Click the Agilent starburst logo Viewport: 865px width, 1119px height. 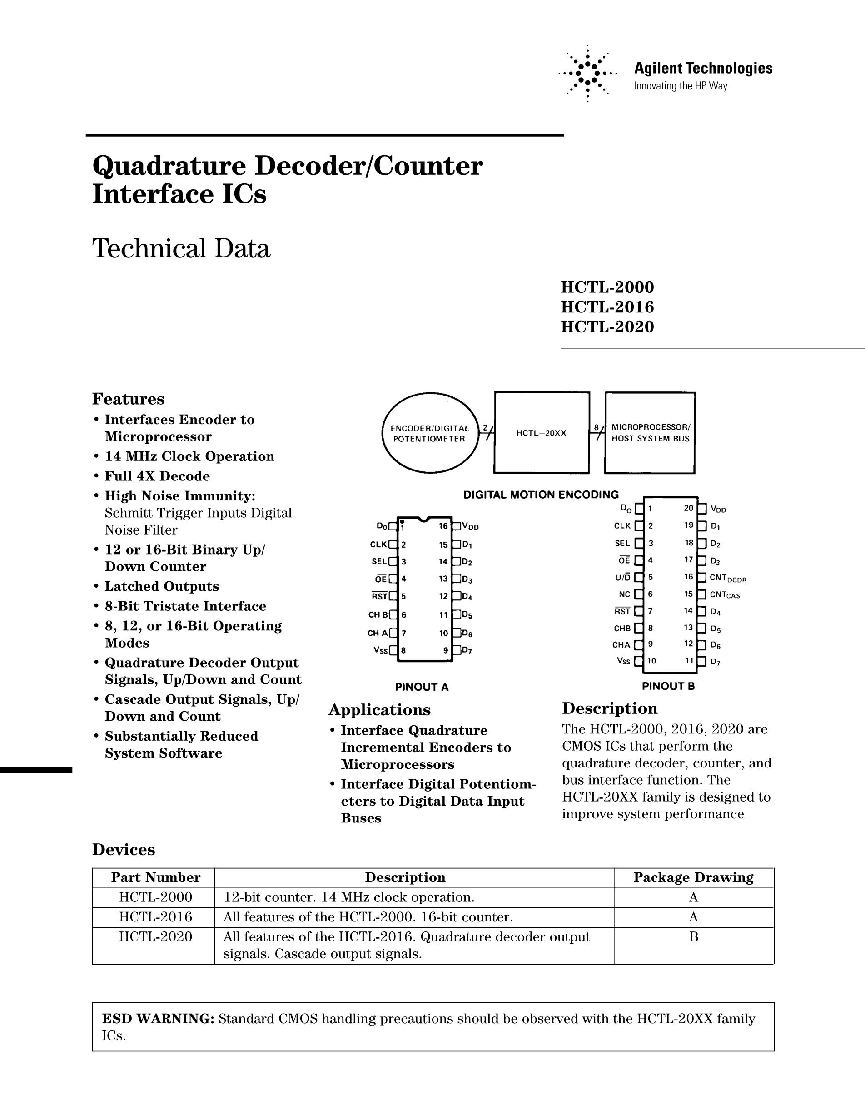[x=587, y=73]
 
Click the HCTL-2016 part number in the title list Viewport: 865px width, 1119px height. [x=607, y=307]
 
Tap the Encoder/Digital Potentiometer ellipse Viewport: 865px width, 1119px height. [x=430, y=433]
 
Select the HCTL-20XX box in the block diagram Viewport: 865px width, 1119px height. [x=542, y=433]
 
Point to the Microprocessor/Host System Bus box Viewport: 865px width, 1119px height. [x=650, y=433]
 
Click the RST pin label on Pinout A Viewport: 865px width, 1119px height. [x=380, y=596]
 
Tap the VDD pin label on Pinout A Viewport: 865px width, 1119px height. [x=470, y=526]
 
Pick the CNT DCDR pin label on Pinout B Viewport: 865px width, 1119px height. [x=728, y=578]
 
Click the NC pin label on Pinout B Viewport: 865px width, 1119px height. [x=624, y=594]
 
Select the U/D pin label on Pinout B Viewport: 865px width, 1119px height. [x=622, y=577]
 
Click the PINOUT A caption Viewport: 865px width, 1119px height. [x=422, y=687]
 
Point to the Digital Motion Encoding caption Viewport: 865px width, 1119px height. [x=541, y=495]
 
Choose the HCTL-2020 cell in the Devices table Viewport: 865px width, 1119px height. [x=155, y=937]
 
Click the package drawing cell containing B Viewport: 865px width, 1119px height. [x=693, y=937]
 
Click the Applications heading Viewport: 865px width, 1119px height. [x=379, y=710]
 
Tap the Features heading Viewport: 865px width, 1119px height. [x=128, y=399]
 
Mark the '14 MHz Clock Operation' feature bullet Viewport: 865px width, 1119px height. [x=189, y=456]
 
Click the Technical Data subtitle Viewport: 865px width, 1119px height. [x=181, y=249]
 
